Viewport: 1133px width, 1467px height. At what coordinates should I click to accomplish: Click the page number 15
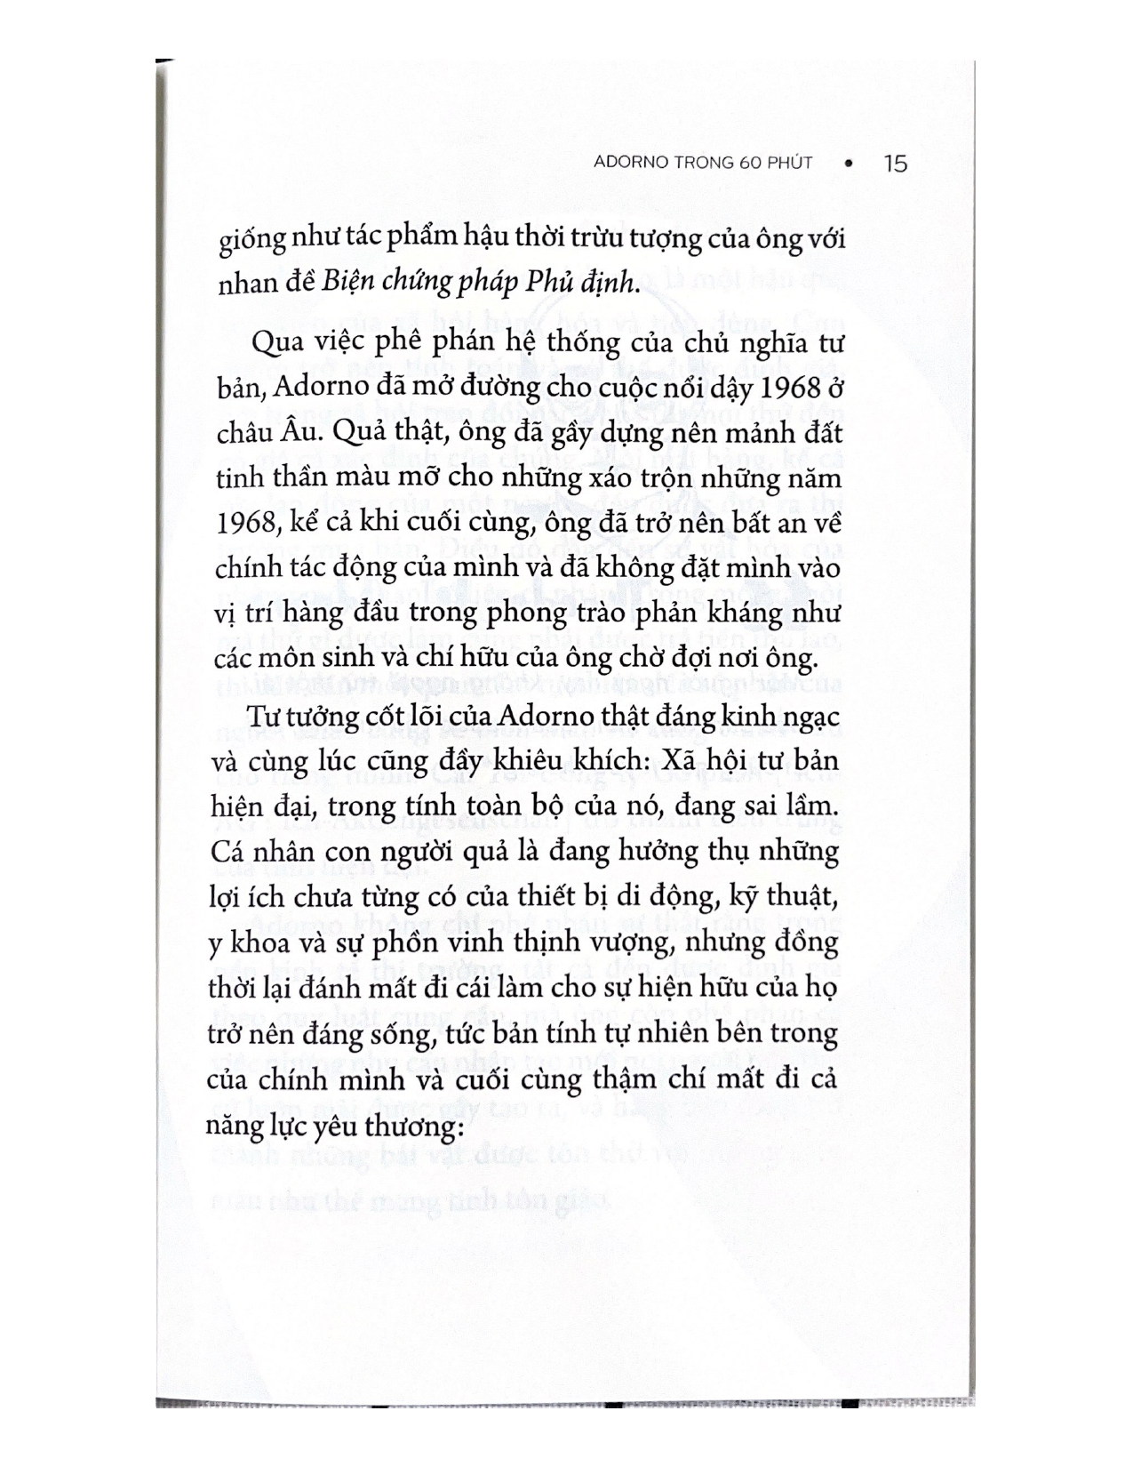(896, 164)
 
